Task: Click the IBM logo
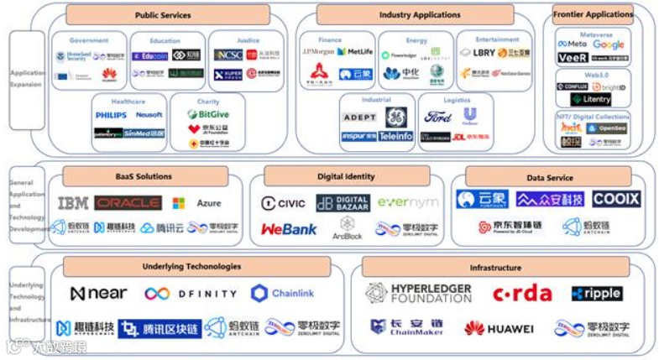(x=73, y=203)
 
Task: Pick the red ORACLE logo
(x=128, y=203)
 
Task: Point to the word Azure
(x=208, y=203)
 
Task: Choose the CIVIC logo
(x=283, y=203)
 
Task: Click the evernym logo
(x=408, y=202)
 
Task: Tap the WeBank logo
(x=289, y=228)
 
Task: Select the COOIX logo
(x=616, y=199)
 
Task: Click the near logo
(x=98, y=294)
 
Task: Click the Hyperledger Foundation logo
(x=418, y=293)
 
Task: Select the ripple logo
(x=597, y=294)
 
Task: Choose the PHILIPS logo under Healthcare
(x=111, y=115)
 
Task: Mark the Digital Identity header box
(x=346, y=177)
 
